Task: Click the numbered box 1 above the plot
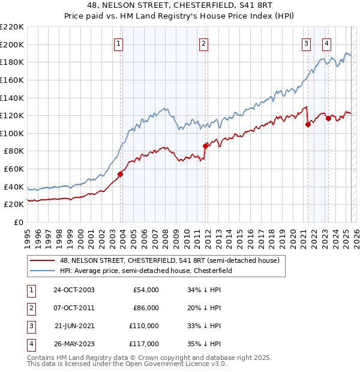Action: click(x=118, y=43)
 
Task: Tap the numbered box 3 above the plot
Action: click(x=306, y=43)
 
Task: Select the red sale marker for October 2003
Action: click(x=120, y=174)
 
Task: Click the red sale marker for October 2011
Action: click(x=205, y=145)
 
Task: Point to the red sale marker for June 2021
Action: click(x=308, y=124)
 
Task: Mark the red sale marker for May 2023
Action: click(x=328, y=118)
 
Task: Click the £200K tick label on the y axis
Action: click(x=12, y=44)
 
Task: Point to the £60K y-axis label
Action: click(x=14, y=169)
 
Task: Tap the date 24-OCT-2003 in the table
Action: click(x=74, y=290)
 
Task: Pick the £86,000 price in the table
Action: click(x=145, y=308)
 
